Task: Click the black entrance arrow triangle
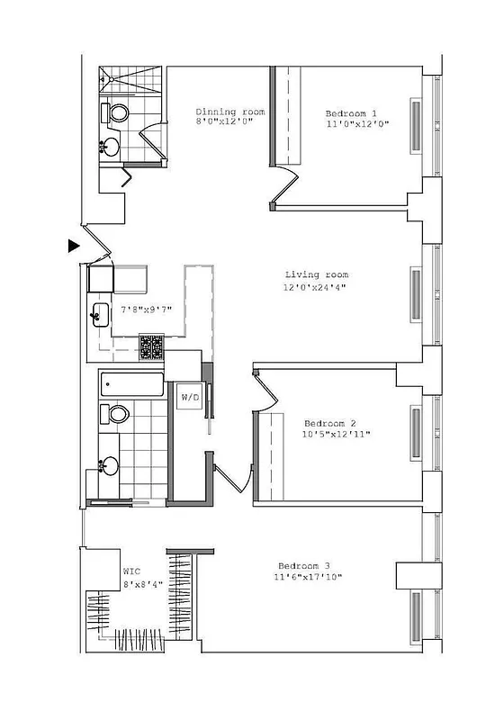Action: (74, 245)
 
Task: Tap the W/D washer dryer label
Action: (190, 397)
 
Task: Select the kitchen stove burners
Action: (151, 347)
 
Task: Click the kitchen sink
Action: (99, 315)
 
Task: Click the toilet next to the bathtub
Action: (116, 414)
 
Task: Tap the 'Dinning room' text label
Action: (230, 112)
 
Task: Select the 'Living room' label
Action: (316, 274)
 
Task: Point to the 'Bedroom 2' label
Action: (329, 423)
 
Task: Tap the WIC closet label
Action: (132, 571)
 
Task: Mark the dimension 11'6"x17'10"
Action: (308, 578)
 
